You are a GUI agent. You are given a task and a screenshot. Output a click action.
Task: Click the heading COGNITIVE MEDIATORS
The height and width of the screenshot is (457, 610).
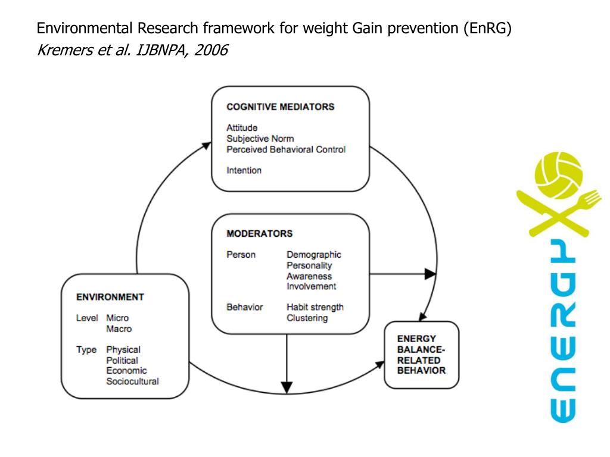coord(280,108)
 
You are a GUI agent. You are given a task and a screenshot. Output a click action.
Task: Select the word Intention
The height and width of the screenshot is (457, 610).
coord(244,170)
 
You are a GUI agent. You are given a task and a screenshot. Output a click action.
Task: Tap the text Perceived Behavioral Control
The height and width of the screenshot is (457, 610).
coord(285,149)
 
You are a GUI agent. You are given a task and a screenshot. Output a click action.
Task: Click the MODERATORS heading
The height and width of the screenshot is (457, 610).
coord(259,234)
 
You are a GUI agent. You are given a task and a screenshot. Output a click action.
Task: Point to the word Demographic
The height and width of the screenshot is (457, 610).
coord(314,255)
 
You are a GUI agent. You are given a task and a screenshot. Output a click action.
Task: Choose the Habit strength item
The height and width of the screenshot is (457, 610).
coord(315,307)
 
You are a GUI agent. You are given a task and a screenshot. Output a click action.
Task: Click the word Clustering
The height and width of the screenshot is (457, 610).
coord(307,318)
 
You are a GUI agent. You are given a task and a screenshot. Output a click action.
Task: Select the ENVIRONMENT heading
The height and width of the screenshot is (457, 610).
coord(110,297)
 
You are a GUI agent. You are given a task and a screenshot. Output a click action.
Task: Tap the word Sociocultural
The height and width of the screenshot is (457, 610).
coord(132,381)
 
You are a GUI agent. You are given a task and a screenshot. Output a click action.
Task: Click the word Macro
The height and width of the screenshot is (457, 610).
coord(119,328)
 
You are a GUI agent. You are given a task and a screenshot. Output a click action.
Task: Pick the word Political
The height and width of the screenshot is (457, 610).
coord(122,360)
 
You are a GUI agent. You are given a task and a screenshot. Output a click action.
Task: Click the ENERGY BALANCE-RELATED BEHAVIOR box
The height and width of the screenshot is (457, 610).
coord(421,355)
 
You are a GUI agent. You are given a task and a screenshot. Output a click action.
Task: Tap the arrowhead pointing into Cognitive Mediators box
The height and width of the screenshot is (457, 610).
coord(207,145)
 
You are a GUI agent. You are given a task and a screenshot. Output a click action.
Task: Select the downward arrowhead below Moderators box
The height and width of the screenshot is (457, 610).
coord(287,387)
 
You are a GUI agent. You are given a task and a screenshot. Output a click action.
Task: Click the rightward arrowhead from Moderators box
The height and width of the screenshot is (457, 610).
coord(430,274)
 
